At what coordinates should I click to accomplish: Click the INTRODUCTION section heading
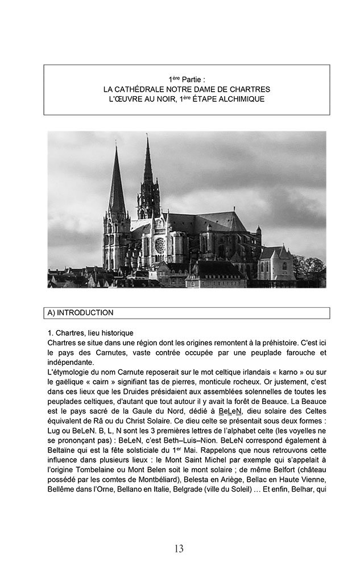pyautogui.click(x=85, y=312)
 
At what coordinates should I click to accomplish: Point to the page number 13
pyautogui.click(x=179, y=549)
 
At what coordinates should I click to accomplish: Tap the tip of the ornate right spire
pyautogui.click(x=147, y=136)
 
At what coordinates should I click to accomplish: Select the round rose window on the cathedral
pyautogui.click(x=160, y=245)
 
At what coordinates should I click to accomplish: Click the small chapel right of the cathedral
pyautogui.click(x=277, y=263)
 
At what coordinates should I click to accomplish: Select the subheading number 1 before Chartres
pyautogui.click(x=50, y=333)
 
